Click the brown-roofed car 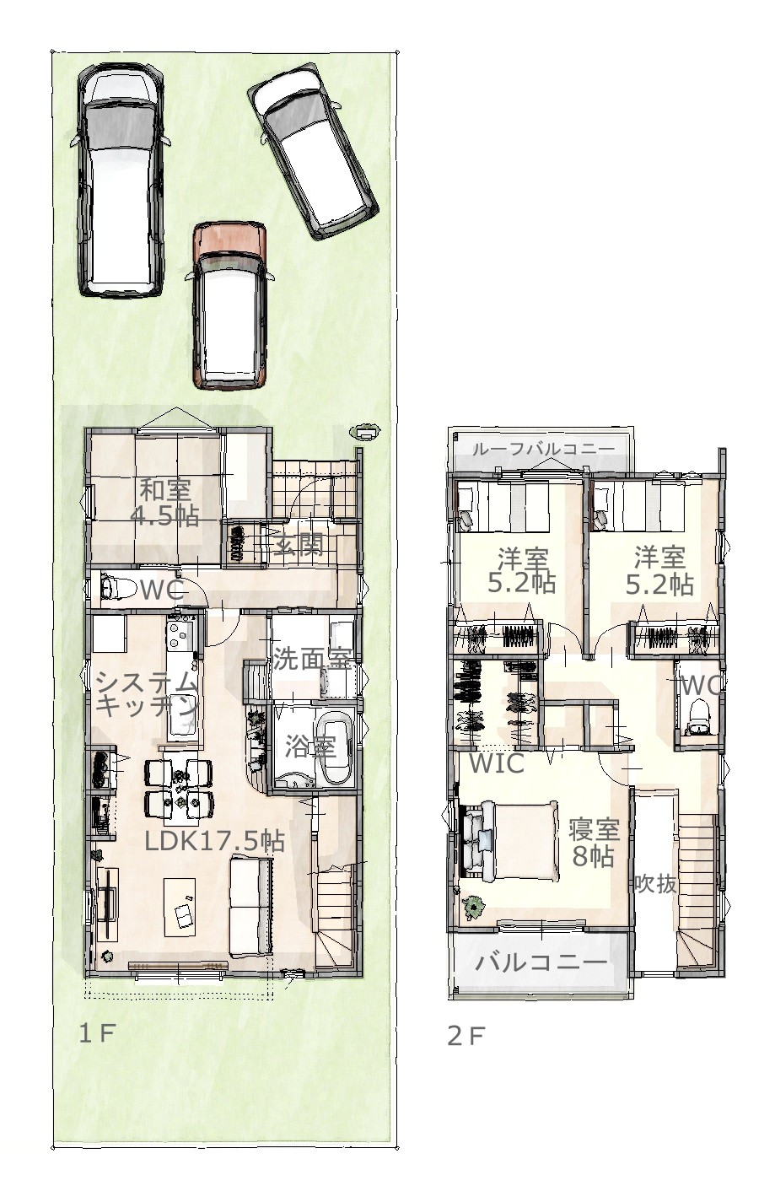click(230, 306)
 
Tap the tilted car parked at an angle click(313, 151)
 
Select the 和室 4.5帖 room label click(164, 502)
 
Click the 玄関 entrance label click(298, 546)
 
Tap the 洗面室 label click(312, 659)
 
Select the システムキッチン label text click(147, 694)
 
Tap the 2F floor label click(466, 1036)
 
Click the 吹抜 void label click(655, 882)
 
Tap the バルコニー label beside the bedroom click(541, 961)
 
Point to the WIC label click(497, 763)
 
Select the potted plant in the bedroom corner click(474, 906)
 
